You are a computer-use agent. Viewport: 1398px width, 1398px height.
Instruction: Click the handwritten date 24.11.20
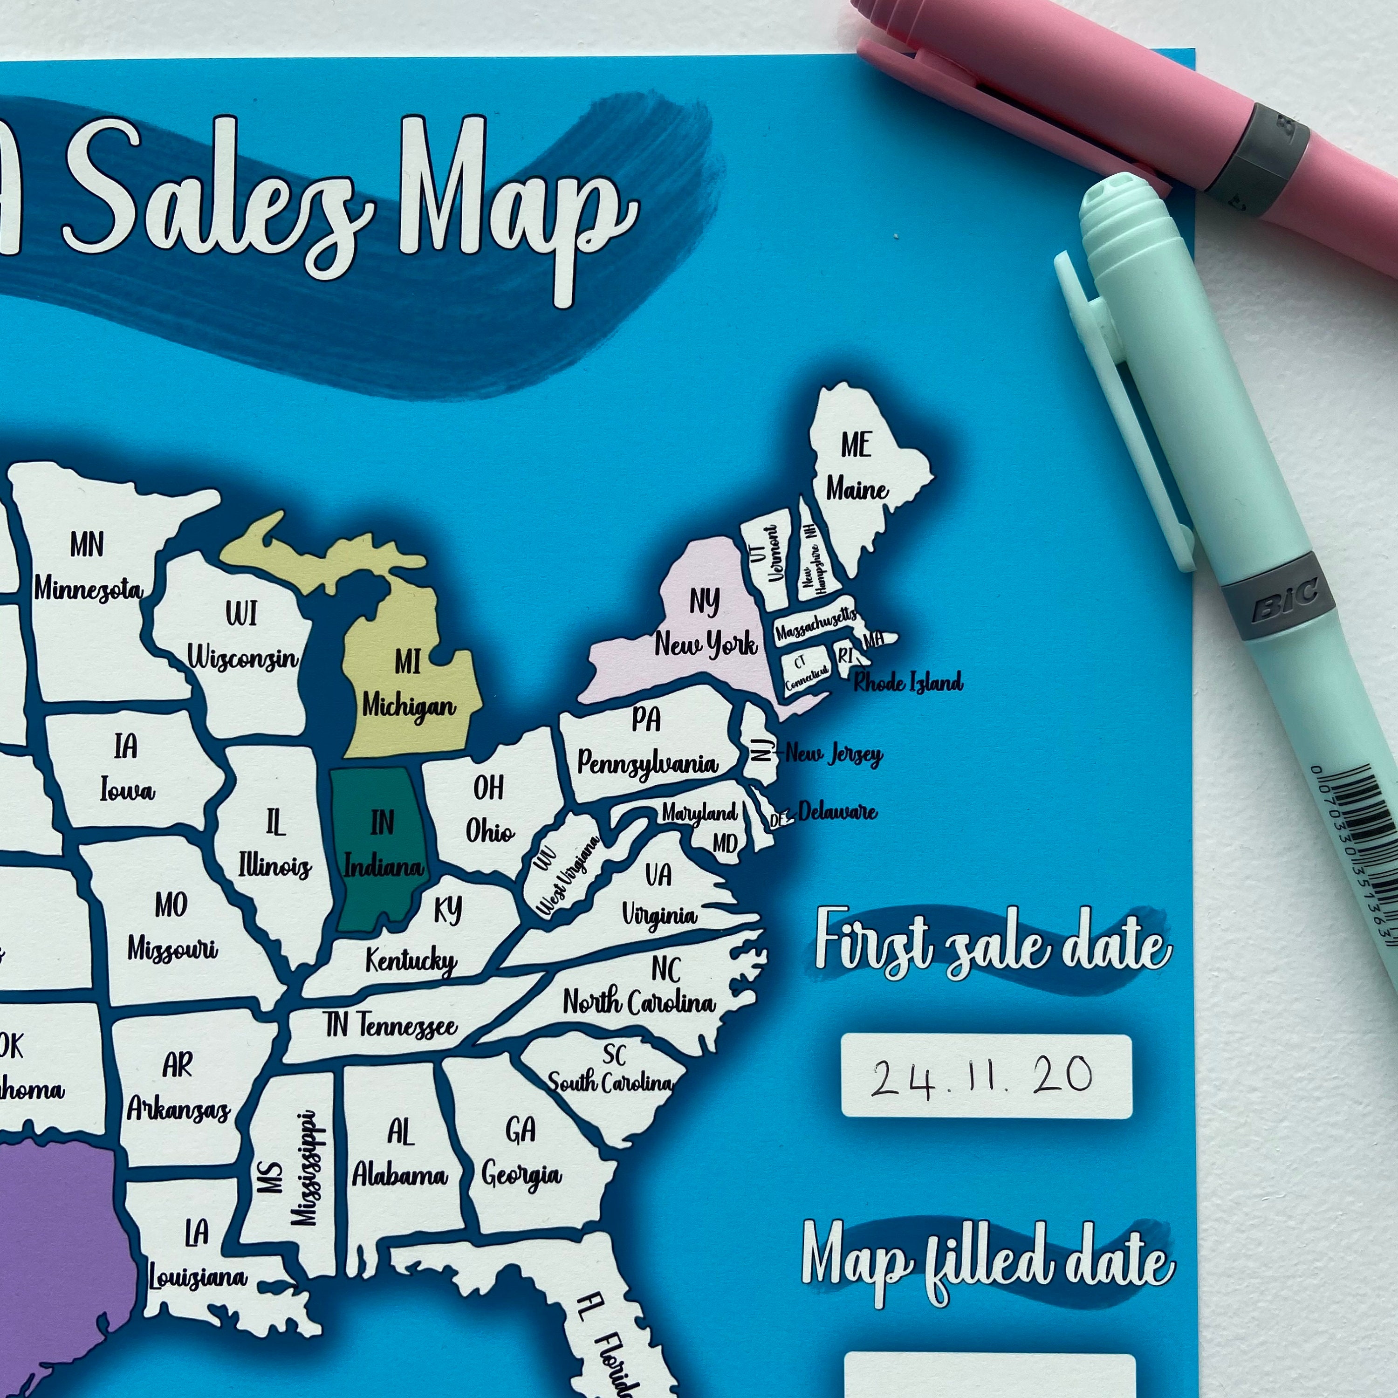pyautogui.click(x=984, y=1077)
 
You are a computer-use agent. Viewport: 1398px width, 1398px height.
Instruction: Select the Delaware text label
pyautogui.click(x=837, y=812)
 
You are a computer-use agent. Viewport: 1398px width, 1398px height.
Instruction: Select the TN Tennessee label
pyautogui.click(x=391, y=1025)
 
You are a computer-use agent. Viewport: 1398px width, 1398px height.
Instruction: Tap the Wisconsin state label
pyautogui.click(x=242, y=637)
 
